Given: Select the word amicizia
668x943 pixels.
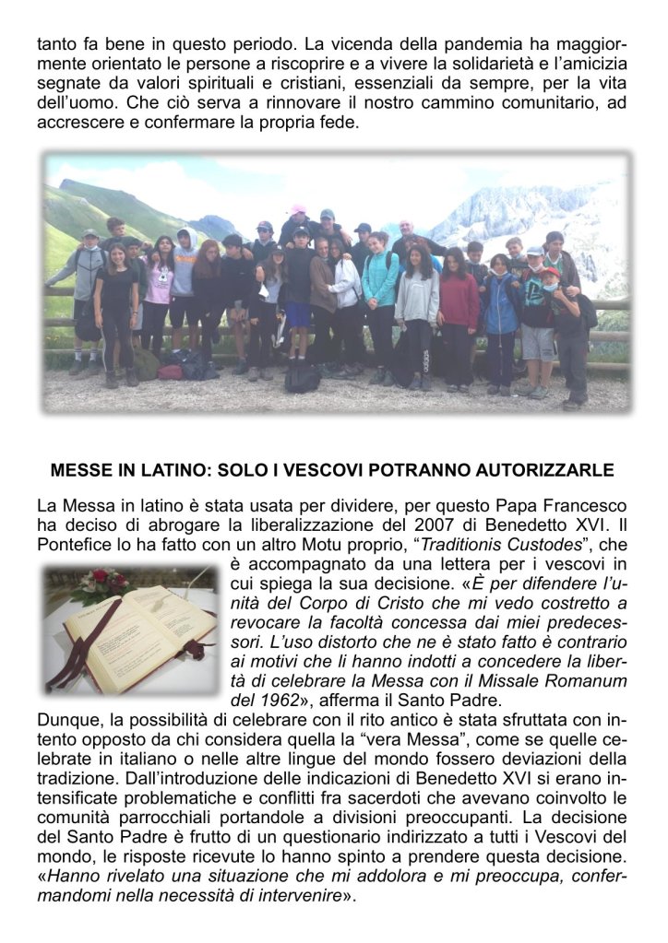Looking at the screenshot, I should (594, 63).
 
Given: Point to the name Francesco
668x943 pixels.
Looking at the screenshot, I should (588, 506).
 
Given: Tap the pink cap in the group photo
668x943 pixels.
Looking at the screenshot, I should (298, 210).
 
